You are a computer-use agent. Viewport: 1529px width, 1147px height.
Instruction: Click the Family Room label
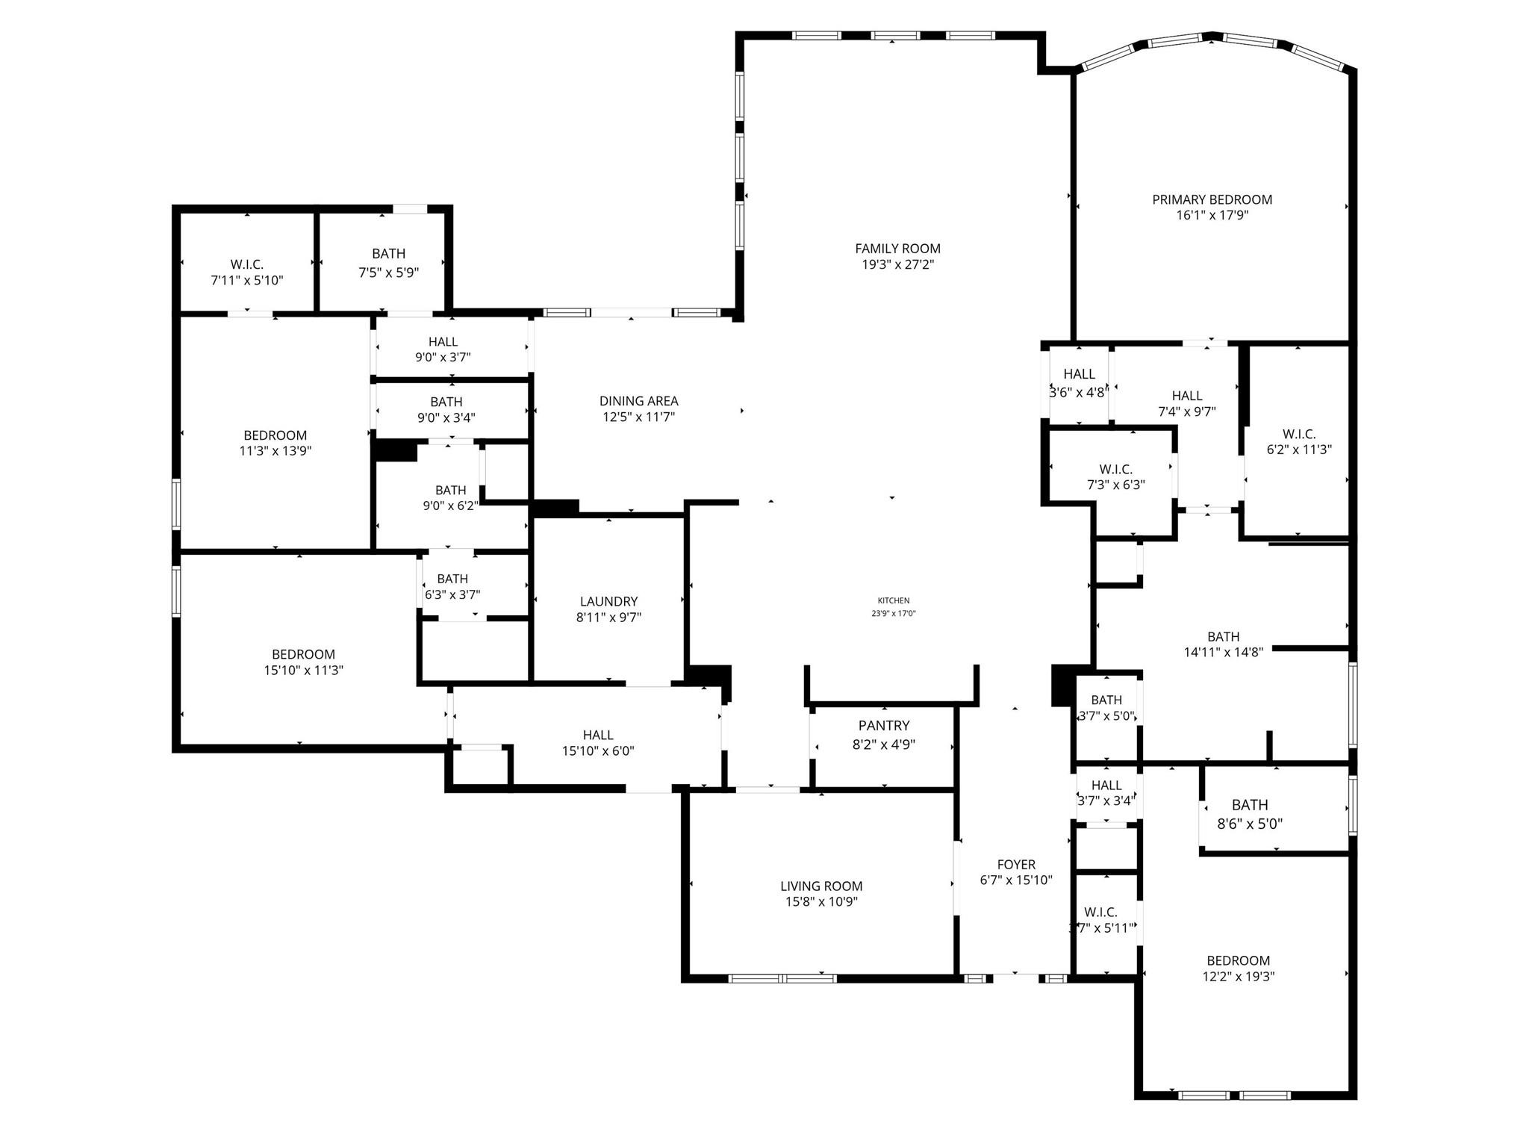click(x=897, y=249)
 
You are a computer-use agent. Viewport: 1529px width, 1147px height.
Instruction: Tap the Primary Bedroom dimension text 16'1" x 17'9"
click(x=1212, y=216)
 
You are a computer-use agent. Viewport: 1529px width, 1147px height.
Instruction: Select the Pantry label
click(x=884, y=726)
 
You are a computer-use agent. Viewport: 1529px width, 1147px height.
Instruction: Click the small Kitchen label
click(x=893, y=600)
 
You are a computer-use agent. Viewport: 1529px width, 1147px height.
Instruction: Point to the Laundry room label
click(x=608, y=601)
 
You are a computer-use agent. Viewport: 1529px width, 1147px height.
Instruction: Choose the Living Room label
click(x=821, y=886)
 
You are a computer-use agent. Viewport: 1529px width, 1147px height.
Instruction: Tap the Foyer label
click(x=1016, y=865)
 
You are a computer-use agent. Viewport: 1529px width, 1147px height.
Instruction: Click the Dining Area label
click(x=638, y=401)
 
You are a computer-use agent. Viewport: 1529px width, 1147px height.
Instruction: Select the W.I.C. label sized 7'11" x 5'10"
click(x=246, y=265)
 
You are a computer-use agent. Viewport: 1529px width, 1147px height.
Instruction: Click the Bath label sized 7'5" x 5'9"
click(x=388, y=254)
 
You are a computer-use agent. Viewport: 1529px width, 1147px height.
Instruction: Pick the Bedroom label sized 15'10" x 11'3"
click(x=303, y=654)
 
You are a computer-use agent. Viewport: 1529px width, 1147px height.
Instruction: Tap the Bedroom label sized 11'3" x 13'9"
click(x=275, y=435)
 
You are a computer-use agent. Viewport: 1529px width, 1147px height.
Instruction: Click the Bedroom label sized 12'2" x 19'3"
click(x=1238, y=960)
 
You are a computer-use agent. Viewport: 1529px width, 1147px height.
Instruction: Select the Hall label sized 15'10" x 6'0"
click(x=598, y=735)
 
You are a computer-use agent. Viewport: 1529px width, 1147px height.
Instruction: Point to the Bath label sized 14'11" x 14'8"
click(x=1223, y=636)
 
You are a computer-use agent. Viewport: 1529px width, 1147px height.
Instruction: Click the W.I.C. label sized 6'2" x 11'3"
click(x=1299, y=434)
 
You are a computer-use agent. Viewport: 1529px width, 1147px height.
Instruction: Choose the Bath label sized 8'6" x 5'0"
click(x=1250, y=805)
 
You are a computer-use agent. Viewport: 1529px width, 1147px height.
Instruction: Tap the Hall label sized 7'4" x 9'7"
click(x=1186, y=396)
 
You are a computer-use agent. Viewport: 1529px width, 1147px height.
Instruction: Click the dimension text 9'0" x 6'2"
click(x=450, y=506)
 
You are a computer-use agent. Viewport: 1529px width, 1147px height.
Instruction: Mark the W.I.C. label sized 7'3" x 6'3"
click(x=1115, y=469)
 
